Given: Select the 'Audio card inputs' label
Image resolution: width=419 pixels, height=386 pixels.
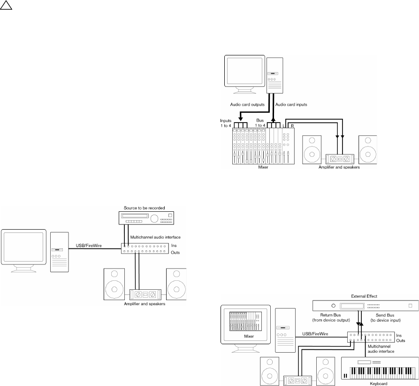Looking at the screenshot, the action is (291, 104).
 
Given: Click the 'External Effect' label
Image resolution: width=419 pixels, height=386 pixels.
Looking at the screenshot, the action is (364, 296).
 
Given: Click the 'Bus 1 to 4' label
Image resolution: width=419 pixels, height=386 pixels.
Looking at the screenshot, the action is (261, 123).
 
